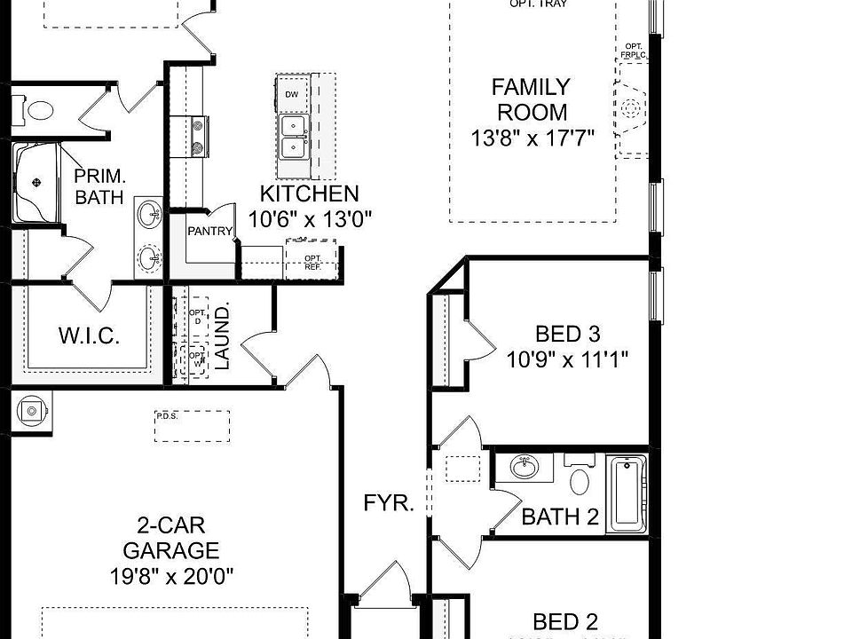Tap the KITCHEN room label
[309, 193]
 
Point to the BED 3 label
[568, 334]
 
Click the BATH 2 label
[560, 517]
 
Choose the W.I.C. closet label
[89, 336]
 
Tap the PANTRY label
[209, 232]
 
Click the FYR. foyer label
[389, 504]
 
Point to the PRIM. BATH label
[99, 185]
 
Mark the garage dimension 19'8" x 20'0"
[172, 575]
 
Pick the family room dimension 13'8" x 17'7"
[532, 138]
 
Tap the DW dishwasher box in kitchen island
[291, 94]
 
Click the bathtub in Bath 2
[627, 493]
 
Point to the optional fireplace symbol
[631, 108]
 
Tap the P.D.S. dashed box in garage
[192, 425]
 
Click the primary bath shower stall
[36, 183]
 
